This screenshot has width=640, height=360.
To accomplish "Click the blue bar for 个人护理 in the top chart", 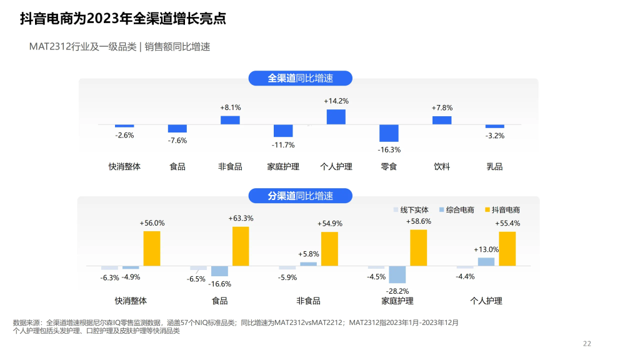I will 336,117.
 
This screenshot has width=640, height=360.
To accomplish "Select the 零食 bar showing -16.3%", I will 389,133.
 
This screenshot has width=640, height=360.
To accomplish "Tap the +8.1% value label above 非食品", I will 230,107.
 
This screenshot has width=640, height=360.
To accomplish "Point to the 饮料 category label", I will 442,166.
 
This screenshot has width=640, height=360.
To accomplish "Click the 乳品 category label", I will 494,166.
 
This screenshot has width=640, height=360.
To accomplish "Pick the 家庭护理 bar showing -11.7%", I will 283,131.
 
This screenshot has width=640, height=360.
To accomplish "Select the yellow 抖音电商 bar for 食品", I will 241,246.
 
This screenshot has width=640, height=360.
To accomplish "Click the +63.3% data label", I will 241,218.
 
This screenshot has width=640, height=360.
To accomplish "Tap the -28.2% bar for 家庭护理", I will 397,274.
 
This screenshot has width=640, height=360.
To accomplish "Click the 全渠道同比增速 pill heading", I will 301,78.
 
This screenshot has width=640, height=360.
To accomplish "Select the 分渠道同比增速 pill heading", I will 301,196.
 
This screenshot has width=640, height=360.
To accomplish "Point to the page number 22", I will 586,343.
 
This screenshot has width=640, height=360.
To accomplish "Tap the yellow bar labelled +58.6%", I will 418,247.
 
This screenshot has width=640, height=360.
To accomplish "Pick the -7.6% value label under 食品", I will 177,140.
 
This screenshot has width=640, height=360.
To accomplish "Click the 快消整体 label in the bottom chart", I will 131,301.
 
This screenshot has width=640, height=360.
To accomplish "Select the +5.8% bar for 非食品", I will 308,264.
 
